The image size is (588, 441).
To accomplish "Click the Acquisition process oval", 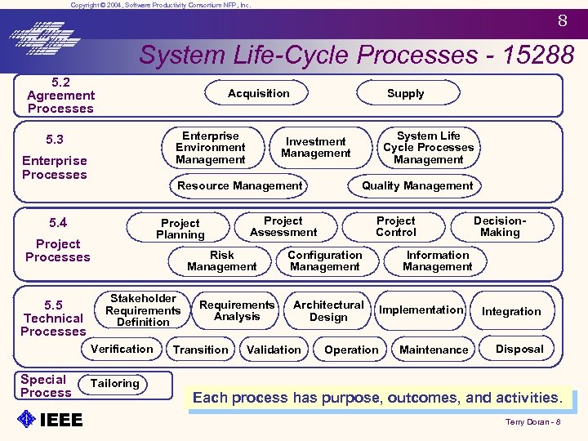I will pyautogui.click(x=259, y=94).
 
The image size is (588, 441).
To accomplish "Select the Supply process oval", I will pyautogui.click(x=405, y=94).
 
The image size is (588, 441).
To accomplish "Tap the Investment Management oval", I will pyautogui.click(x=315, y=148).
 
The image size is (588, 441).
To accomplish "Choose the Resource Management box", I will pyautogui.click(x=240, y=186).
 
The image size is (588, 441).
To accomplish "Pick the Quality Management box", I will pyautogui.click(x=417, y=186).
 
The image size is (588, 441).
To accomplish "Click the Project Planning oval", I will pyautogui.click(x=180, y=229).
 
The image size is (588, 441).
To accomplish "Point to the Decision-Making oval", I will pyautogui.click(x=500, y=227).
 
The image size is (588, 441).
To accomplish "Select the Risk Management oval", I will pyautogui.click(x=221, y=261).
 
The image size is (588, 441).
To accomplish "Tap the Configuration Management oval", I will pyautogui.click(x=324, y=261).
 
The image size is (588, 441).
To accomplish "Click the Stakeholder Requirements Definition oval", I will pyautogui.click(x=143, y=310).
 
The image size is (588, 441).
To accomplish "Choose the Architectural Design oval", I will pyautogui.click(x=328, y=311).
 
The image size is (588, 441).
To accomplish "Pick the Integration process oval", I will pyautogui.click(x=511, y=312).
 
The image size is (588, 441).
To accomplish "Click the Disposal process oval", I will pyautogui.click(x=519, y=350).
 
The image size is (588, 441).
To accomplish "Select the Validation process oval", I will pyautogui.click(x=274, y=350).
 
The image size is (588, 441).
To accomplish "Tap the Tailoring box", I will pyautogui.click(x=115, y=384).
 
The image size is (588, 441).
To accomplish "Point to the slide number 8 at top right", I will pyautogui.click(x=563, y=22).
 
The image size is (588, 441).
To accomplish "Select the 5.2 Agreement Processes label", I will pyautogui.click(x=60, y=96).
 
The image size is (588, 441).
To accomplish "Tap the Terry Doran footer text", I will pyautogui.click(x=532, y=422).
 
